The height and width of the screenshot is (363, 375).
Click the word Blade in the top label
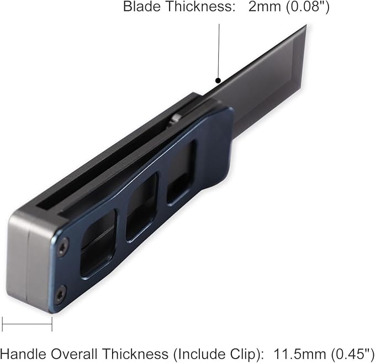click(x=142, y=7)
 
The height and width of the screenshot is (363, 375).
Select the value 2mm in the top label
click(x=265, y=7)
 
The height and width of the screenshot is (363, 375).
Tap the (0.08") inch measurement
click(x=308, y=7)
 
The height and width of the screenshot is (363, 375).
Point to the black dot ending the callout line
click(x=218, y=81)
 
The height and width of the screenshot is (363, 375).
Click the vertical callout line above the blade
click(x=219, y=51)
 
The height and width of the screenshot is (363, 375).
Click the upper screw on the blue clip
click(x=63, y=247)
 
